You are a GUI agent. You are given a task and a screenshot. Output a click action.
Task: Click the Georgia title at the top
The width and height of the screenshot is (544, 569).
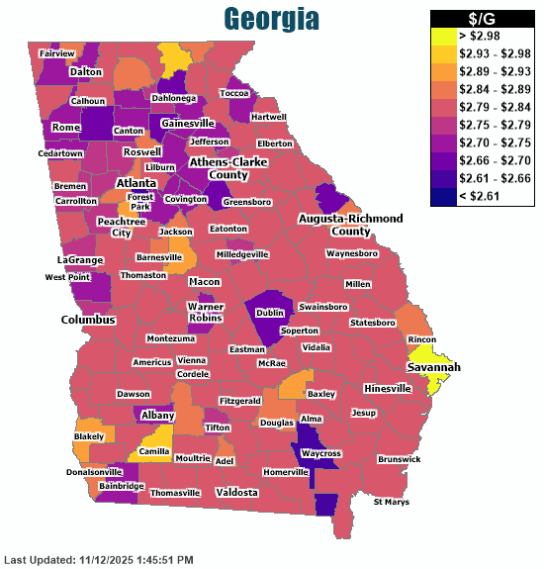click(271, 19)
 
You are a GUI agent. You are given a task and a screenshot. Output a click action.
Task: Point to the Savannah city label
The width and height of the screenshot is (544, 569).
click(433, 367)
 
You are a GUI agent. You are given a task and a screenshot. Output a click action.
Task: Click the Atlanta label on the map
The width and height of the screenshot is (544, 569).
click(136, 184)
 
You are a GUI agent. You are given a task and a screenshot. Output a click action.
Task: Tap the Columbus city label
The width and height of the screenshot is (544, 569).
click(88, 320)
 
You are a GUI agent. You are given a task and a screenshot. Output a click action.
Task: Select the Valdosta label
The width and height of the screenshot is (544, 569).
click(236, 492)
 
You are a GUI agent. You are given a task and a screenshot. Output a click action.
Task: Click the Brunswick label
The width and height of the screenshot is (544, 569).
click(399, 459)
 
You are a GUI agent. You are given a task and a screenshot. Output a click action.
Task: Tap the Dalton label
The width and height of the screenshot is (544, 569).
click(86, 72)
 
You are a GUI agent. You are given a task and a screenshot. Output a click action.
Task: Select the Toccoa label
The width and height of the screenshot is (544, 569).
click(234, 93)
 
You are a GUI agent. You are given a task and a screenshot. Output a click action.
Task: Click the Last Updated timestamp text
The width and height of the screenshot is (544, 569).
click(99, 559)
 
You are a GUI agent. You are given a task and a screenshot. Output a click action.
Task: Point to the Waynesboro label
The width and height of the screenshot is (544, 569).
click(352, 253)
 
